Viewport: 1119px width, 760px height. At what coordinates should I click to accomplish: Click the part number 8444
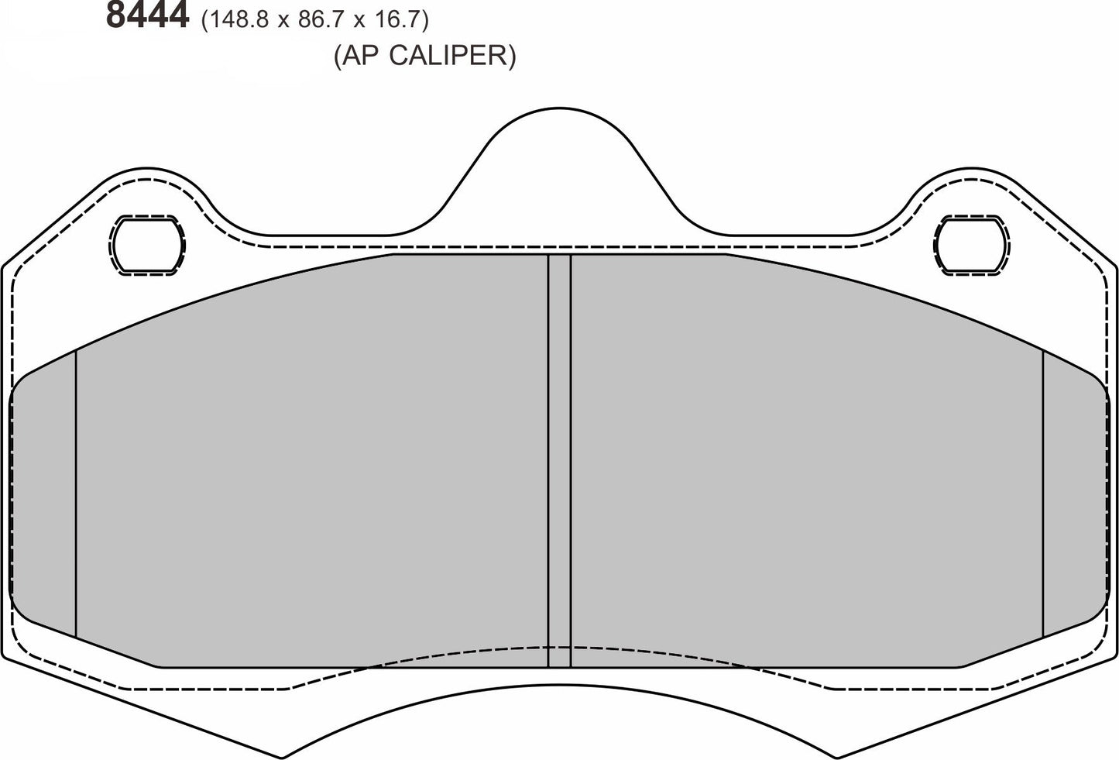[x=147, y=15]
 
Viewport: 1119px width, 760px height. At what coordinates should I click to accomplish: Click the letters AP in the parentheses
[x=362, y=57]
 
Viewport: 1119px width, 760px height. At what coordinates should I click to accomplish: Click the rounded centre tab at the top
[x=559, y=155]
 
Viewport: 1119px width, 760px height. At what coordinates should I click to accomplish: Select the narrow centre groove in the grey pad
[x=559, y=465]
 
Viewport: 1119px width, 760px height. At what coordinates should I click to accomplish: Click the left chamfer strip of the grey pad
[x=44, y=496]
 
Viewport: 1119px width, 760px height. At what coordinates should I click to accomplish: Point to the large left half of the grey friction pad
[x=310, y=465]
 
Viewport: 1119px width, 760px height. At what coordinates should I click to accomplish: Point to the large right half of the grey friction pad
[x=805, y=465]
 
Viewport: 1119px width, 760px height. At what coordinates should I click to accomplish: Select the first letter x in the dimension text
[x=283, y=22]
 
